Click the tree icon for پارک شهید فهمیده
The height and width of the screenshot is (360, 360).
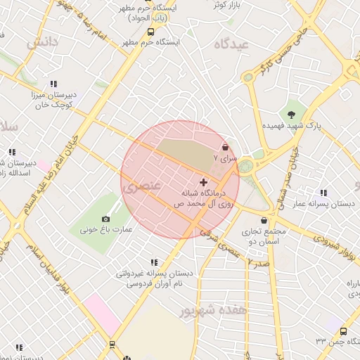point(290,113)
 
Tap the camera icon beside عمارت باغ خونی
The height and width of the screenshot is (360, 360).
point(106,219)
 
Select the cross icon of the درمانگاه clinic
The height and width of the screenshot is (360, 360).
point(204,182)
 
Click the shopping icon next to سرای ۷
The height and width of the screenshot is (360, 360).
point(225,148)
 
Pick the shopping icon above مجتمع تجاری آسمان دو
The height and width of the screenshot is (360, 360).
point(263,221)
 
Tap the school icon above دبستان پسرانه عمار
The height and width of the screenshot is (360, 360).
point(323,193)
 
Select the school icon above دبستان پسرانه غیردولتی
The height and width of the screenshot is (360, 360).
point(154,262)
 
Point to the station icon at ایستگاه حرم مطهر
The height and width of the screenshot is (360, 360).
point(150,32)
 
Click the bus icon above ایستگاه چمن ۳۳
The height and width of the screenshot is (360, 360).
point(343,331)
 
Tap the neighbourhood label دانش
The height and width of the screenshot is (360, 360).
point(42,43)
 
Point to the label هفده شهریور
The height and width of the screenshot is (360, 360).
point(214,309)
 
